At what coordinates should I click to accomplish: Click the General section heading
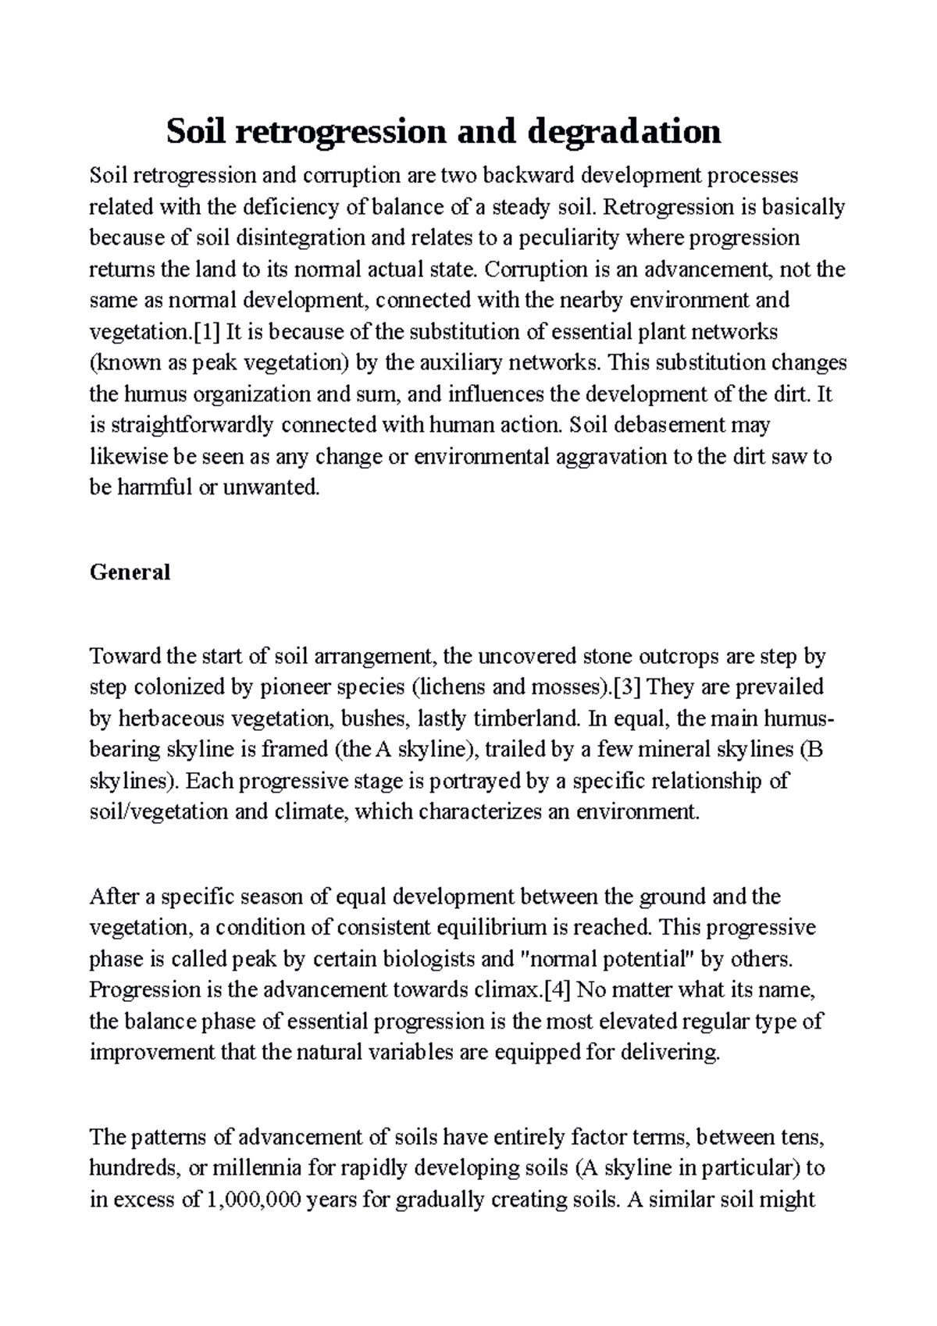coord(130,572)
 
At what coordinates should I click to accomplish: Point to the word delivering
coord(670,1053)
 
